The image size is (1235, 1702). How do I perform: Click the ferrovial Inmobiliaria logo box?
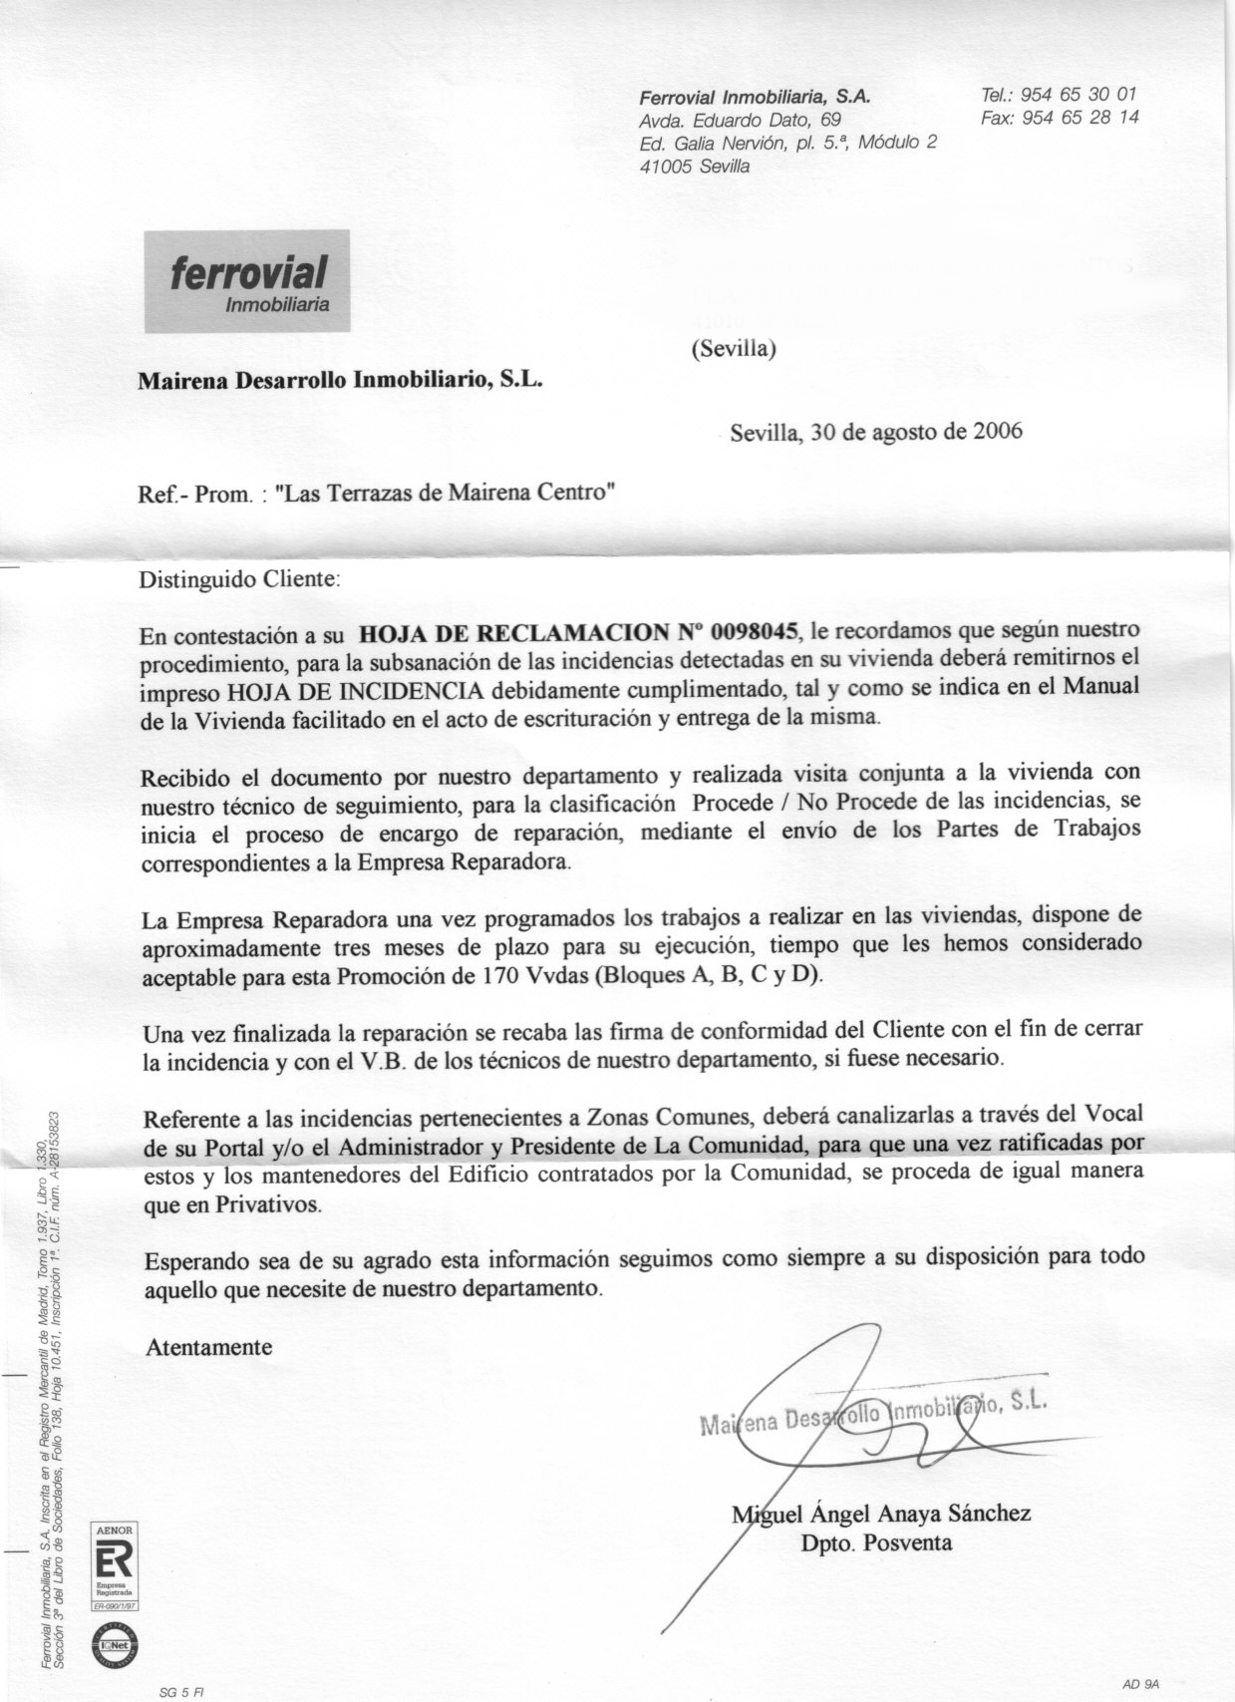click(246, 280)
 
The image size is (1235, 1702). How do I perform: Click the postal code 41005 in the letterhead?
click(666, 167)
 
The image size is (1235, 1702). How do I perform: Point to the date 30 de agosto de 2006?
click(917, 432)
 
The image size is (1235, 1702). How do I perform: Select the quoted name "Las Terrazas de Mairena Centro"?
click(445, 493)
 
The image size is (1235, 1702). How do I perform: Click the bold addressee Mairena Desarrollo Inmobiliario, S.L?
click(340, 380)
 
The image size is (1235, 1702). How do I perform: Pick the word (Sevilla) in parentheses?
click(733, 349)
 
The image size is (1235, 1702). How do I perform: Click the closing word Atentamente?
click(208, 1347)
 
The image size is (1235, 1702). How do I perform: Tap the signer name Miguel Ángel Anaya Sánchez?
click(882, 1514)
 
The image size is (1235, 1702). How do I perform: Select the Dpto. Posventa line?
click(876, 1543)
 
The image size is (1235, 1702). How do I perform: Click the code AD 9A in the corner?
click(1140, 1683)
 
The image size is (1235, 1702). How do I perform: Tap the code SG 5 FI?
click(181, 1692)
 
